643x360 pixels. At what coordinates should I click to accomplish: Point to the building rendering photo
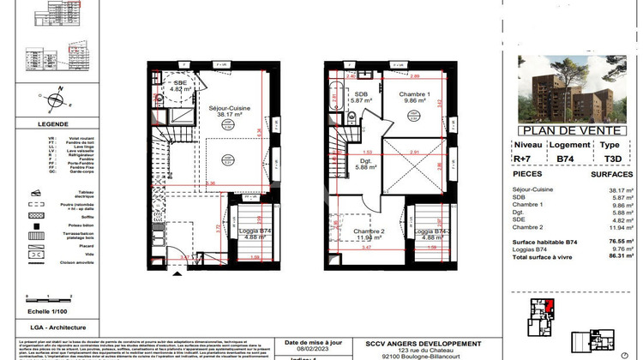click(572, 90)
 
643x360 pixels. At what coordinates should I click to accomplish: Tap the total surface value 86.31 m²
click(611, 257)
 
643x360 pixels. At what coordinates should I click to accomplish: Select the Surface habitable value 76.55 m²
click(611, 243)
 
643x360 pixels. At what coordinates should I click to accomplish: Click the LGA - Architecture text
click(35, 327)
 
